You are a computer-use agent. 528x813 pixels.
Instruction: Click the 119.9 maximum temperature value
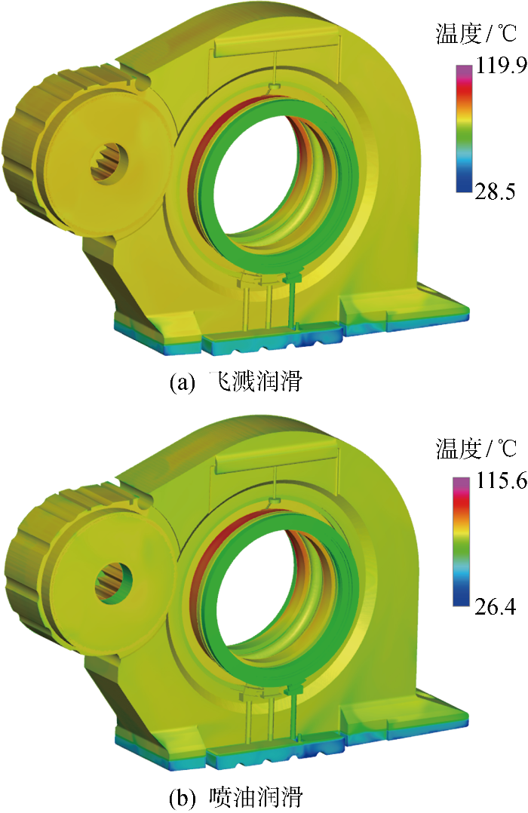[502, 66]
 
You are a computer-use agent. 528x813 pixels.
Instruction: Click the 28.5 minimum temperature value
[496, 192]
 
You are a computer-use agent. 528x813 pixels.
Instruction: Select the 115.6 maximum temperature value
[502, 481]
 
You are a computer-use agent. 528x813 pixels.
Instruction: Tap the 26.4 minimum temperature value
[496, 606]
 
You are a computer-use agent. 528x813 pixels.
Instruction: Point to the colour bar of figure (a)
[464, 128]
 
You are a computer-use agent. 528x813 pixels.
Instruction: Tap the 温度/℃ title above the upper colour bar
[476, 34]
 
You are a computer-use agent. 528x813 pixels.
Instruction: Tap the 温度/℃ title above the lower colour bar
[476, 449]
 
